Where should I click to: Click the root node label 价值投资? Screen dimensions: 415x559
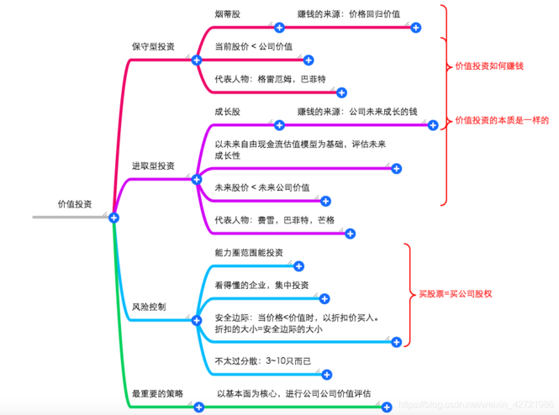[x=75, y=204]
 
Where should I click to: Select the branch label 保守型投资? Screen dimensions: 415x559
[x=153, y=47]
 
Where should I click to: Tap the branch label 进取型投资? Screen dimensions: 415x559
[x=153, y=166]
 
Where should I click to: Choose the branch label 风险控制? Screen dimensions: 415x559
[x=149, y=307]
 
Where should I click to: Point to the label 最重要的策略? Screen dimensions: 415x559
[x=157, y=393]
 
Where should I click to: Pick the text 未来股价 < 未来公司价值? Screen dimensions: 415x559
[x=262, y=187]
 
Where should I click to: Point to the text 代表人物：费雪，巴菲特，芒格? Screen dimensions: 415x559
[x=274, y=219]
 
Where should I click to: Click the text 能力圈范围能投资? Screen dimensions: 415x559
[x=249, y=252]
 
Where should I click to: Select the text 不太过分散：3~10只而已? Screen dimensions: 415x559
[x=263, y=360]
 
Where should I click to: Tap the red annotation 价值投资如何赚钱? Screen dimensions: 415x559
[x=488, y=66]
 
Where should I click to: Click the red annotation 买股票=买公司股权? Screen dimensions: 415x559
[x=455, y=294]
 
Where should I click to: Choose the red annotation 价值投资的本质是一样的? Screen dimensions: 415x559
[x=501, y=121]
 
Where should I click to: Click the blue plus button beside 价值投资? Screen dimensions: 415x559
[x=113, y=218]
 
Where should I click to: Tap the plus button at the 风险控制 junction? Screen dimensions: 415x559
[x=196, y=320]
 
